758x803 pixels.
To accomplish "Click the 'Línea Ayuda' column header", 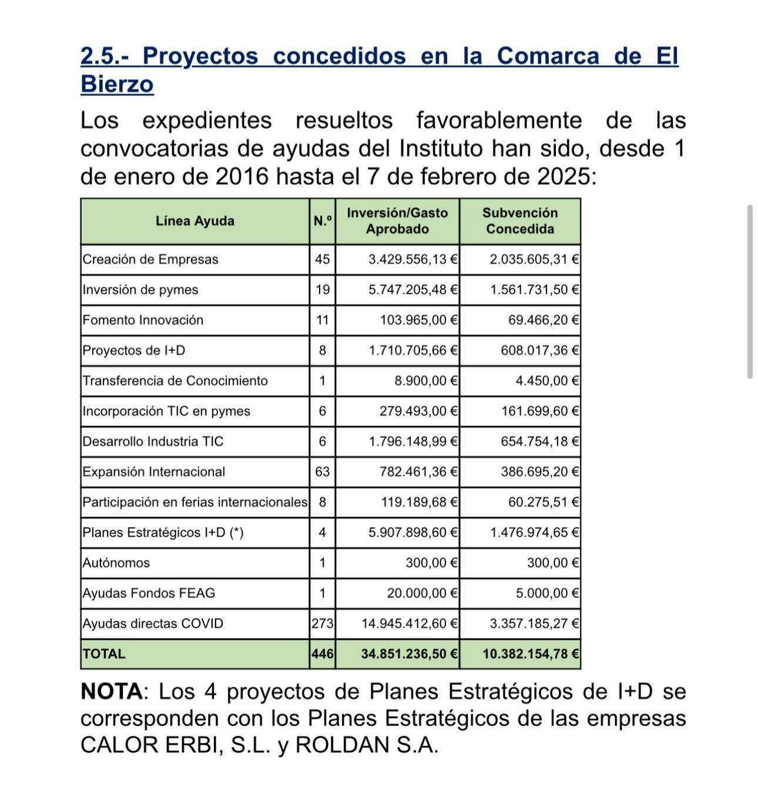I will tap(195, 221).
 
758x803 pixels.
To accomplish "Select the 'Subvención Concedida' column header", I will tap(519, 221).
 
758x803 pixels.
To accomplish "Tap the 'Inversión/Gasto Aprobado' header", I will tap(397, 221).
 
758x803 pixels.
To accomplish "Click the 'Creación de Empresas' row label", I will tap(150, 259).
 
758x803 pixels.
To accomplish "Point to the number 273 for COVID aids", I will tap(322, 624).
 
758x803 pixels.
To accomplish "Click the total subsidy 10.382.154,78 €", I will tap(531, 654).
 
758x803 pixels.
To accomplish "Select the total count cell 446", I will tap(322, 654).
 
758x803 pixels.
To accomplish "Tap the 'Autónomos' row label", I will tap(116, 563).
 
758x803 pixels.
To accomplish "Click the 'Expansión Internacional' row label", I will tap(154, 472).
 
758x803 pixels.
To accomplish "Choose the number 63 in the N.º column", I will tap(322, 472).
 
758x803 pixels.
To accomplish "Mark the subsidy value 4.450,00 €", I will tap(547, 381).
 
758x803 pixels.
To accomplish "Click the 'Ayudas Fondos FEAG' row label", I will tap(149, 593).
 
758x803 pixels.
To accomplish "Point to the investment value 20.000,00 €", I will tap(422, 593).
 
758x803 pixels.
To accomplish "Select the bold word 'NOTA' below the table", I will tap(111, 691).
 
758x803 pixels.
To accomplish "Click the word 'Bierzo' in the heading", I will tap(117, 84).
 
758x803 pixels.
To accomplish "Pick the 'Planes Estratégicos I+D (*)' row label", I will tap(163, 533).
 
